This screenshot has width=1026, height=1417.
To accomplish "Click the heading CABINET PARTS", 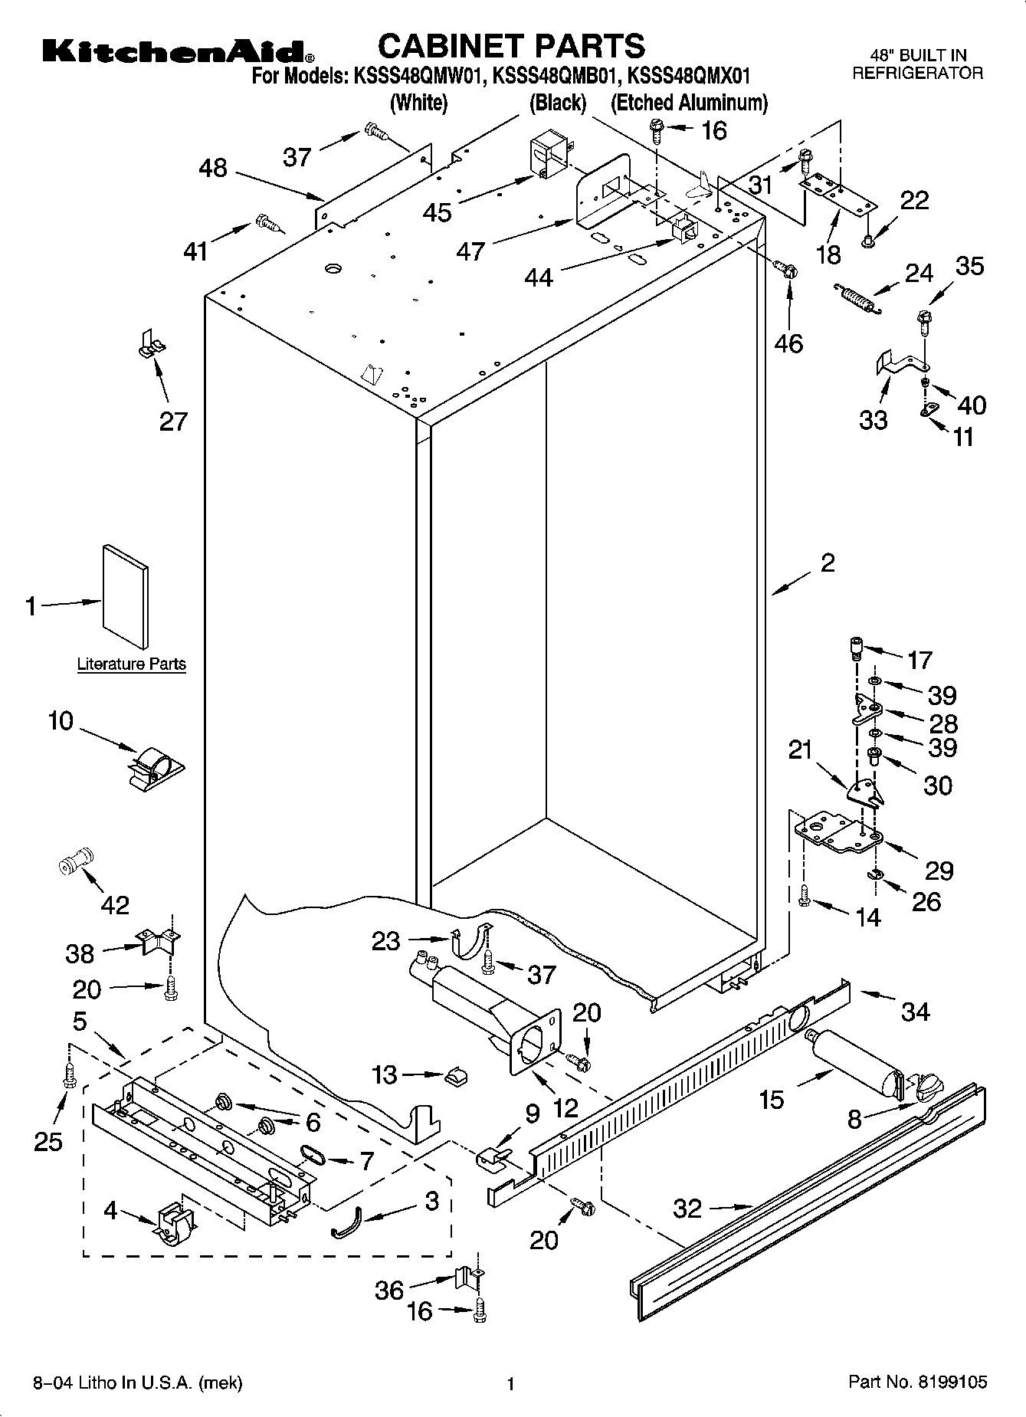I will coord(512,46).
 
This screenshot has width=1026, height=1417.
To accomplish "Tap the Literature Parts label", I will coord(131,664).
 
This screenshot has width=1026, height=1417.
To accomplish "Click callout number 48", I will coord(213,168).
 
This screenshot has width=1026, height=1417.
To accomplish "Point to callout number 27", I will coord(173,421).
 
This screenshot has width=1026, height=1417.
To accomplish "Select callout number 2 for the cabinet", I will coord(828,563).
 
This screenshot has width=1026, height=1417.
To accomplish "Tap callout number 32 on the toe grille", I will coord(687,1209).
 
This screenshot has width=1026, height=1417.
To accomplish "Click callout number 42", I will coord(115,905).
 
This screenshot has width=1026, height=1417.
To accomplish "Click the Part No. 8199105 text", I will coord(917,1383).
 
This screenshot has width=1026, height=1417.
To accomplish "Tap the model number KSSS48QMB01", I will coord(553,76).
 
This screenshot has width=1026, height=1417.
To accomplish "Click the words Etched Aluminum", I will coord(689,102).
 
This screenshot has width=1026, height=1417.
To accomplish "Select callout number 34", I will coord(915,1012).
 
